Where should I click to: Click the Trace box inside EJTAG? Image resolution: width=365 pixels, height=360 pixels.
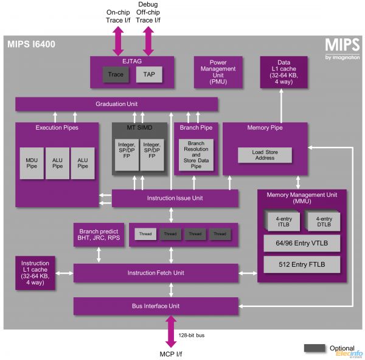[115, 75]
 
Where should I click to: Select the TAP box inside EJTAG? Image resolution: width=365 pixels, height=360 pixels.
[148, 75]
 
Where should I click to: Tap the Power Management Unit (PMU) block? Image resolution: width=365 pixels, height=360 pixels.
[218, 71]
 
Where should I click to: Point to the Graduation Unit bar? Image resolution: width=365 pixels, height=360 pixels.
[116, 104]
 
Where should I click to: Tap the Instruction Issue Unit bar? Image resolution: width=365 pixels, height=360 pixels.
[175, 198]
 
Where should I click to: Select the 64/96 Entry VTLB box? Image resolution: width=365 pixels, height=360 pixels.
[301, 244]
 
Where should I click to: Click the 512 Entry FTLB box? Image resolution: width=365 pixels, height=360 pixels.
[301, 264]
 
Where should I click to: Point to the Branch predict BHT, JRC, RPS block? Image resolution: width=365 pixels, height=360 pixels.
[99, 235]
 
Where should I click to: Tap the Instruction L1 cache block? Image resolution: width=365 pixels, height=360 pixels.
[35, 272]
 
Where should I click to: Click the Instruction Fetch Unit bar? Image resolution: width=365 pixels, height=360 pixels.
[156, 272]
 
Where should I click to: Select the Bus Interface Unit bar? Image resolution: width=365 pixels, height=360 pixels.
[156, 306]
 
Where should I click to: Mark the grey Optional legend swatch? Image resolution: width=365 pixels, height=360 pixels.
[315, 348]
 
